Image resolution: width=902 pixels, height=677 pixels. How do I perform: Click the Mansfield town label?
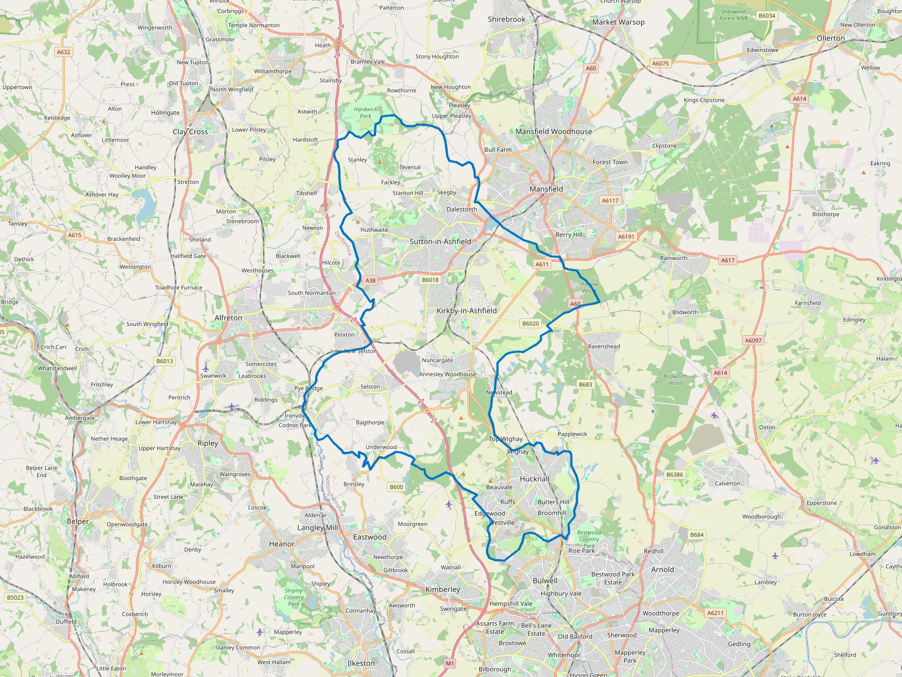tap(546, 189)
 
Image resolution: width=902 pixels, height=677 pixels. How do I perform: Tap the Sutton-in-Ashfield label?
tap(440, 241)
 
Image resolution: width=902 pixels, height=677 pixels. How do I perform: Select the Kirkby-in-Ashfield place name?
tap(467, 311)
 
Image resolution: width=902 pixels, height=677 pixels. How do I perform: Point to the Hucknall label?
tap(534, 479)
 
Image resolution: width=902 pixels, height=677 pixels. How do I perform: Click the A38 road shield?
tap(370, 280)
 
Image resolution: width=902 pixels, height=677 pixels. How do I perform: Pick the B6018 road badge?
tap(430, 280)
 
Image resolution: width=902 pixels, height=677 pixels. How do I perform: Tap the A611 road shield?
tap(542, 264)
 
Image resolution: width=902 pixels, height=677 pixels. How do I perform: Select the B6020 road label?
tap(530, 324)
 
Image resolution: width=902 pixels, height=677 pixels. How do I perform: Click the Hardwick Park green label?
tap(365, 113)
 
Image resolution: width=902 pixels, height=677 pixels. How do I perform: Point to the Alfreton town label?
tap(228, 318)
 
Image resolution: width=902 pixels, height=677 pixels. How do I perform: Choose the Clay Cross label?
tap(190, 132)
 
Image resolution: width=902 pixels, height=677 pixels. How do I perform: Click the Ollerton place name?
tap(830, 38)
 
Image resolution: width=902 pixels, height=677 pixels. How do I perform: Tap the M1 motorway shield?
tap(449, 663)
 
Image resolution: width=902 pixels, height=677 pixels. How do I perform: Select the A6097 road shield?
tap(753, 340)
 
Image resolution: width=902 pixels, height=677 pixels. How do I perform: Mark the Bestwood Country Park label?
tap(589, 539)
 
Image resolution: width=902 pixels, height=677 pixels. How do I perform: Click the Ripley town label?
tap(207, 443)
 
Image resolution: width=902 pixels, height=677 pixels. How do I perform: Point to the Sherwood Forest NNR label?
tap(733, 15)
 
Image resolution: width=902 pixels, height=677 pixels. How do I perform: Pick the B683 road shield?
tap(586, 385)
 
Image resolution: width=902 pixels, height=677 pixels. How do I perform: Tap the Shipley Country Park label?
tap(294, 597)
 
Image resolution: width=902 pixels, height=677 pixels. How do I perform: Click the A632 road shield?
tap(64, 52)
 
